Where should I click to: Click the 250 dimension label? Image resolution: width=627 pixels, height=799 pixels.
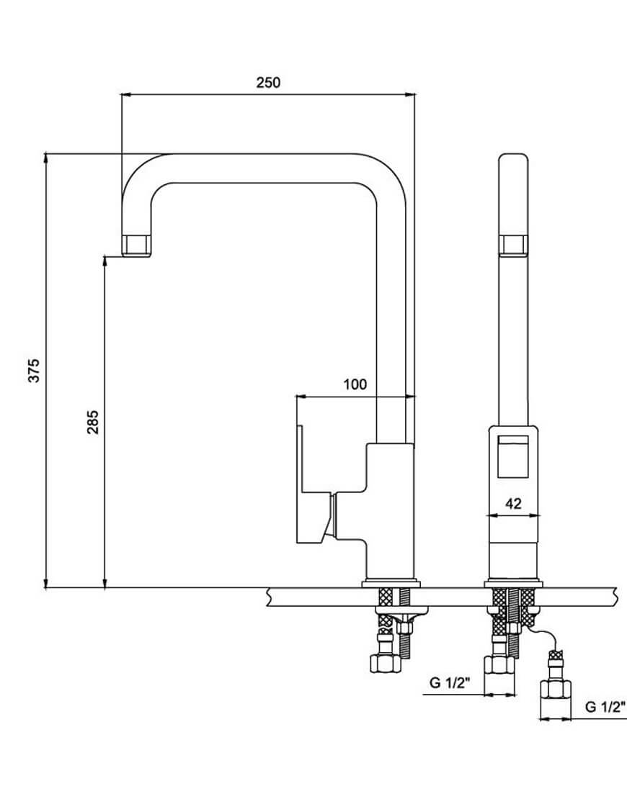[x=268, y=82]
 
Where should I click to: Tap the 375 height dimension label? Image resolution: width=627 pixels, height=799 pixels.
[x=33, y=371]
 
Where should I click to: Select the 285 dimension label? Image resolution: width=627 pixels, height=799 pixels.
[x=93, y=422]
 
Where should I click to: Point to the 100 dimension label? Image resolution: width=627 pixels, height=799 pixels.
[x=355, y=384]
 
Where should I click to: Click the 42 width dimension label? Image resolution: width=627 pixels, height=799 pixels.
[x=513, y=503]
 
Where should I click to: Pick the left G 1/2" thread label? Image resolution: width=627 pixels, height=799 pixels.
[x=450, y=682]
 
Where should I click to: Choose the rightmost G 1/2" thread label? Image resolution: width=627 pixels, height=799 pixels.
[x=605, y=707]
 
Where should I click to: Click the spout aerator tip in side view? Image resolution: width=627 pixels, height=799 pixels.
[x=137, y=246]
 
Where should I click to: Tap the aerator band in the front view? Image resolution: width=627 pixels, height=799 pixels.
[x=513, y=245]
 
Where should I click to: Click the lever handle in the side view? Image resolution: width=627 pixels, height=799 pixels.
[x=313, y=484]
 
